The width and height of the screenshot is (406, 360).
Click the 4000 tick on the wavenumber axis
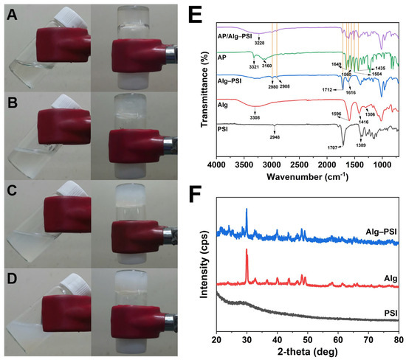[x=216, y=164]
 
